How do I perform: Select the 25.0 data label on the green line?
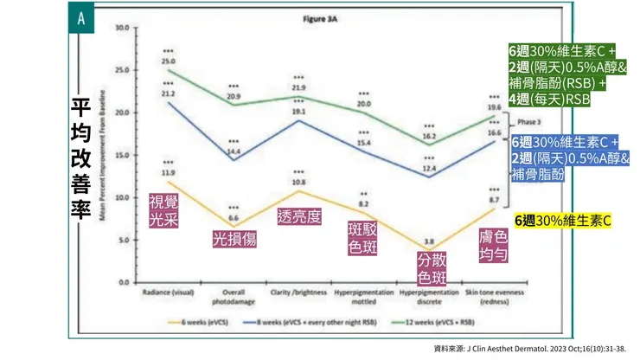pos(168,61)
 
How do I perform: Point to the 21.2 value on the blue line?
pos(168,93)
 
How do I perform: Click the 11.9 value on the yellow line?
pos(168,172)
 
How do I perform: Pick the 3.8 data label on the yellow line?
pos(429,241)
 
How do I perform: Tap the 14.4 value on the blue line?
pos(234,151)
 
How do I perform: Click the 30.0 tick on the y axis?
pos(122,29)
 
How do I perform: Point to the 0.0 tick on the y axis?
pos(123,282)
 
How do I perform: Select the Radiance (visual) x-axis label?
pos(168,292)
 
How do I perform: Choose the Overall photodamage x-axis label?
pos(234,295)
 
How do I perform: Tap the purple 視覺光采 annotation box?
pos(163,210)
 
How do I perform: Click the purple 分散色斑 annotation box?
pos(432,267)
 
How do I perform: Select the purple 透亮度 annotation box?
pos(299,215)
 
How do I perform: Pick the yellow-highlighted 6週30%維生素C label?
pos(562,222)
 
